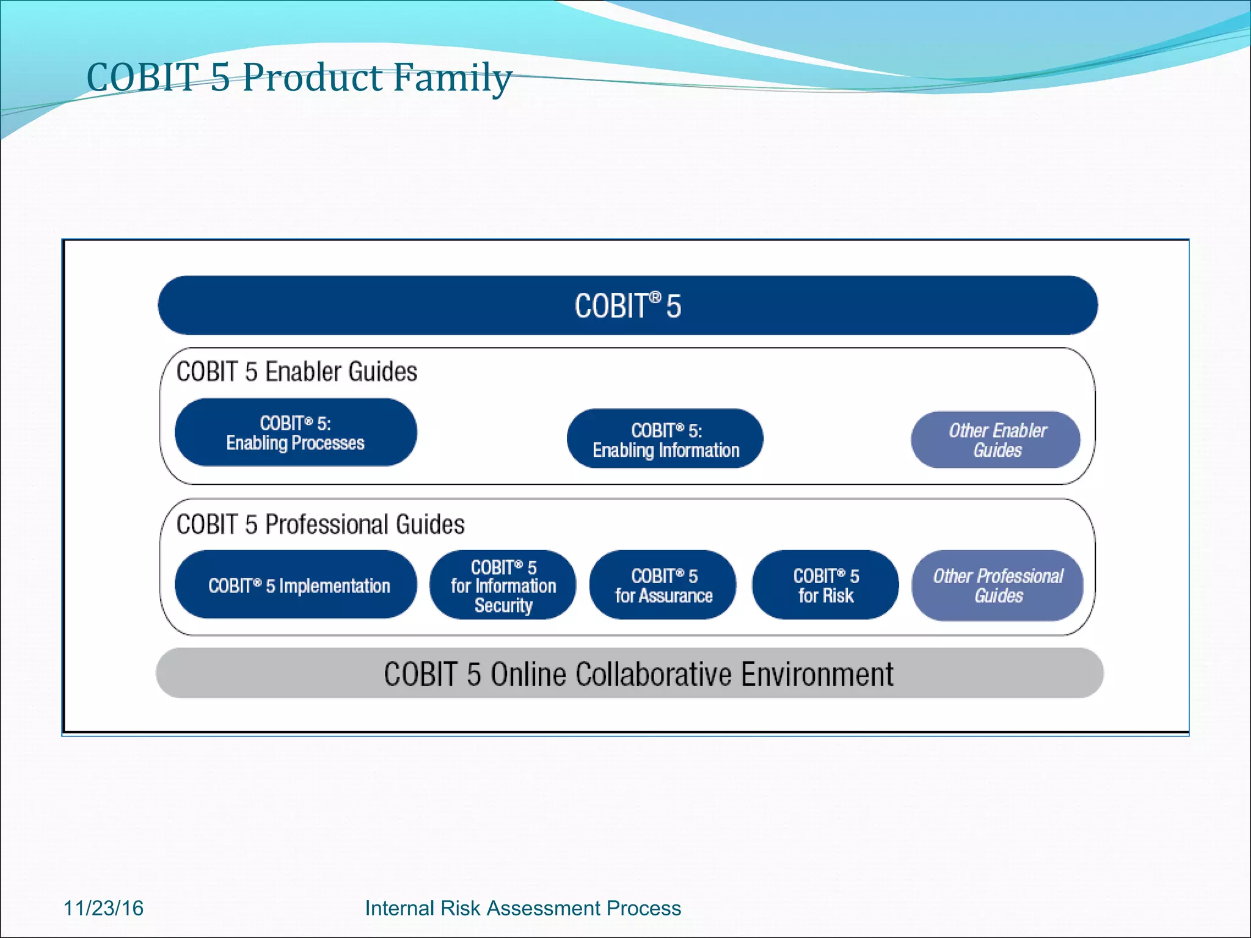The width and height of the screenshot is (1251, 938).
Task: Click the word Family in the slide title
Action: pos(451,78)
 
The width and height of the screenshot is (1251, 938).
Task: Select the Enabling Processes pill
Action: pos(296,433)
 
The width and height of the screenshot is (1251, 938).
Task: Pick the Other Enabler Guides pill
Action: pos(996,440)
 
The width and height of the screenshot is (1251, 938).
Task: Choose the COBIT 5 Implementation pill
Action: pos(296,586)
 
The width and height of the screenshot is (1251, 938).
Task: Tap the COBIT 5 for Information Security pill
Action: pos(503,585)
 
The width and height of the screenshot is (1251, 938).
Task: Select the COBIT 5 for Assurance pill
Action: pos(663,586)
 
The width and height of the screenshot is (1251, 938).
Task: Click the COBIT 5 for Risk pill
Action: pos(825,586)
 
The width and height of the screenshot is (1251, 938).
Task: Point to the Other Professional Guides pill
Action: pos(998,586)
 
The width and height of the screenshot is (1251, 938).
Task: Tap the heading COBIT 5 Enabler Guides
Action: pos(297,372)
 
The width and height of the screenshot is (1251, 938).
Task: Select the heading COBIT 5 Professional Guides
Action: pos(321,525)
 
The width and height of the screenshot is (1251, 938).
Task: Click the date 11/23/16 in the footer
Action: pos(103,908)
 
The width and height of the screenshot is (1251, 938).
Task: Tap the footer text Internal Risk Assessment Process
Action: pos(523,908)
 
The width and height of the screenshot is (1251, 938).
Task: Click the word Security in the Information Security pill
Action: pos(503,605)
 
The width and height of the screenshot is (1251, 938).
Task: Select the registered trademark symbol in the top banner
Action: pos(655,297)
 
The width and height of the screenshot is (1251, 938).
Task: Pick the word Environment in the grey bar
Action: pos(817,674)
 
